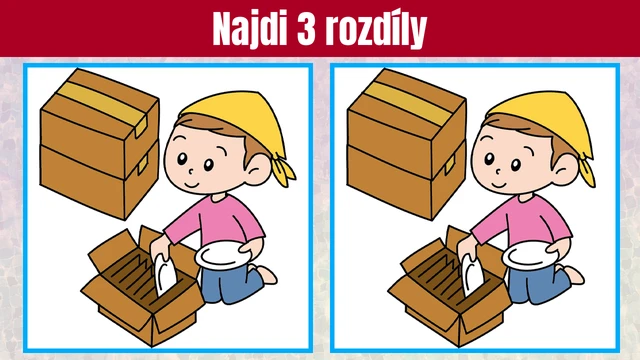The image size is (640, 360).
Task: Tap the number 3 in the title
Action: click(x=307, y=29)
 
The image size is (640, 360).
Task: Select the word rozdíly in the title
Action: click(x=376, y=29)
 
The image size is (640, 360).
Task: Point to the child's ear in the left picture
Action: click(x=259, y=168)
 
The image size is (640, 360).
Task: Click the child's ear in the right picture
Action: click(x=566, y=168)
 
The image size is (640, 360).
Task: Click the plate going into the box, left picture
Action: click(x=165, y=274)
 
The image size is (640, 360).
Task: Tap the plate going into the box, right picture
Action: click(x=472, y=274)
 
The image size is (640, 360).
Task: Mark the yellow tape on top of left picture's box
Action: click(x=102, y=105)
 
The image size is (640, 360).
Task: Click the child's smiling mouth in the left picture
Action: click(x=191, y=184)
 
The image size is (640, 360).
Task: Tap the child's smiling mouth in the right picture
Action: click(x=498, y=184)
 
